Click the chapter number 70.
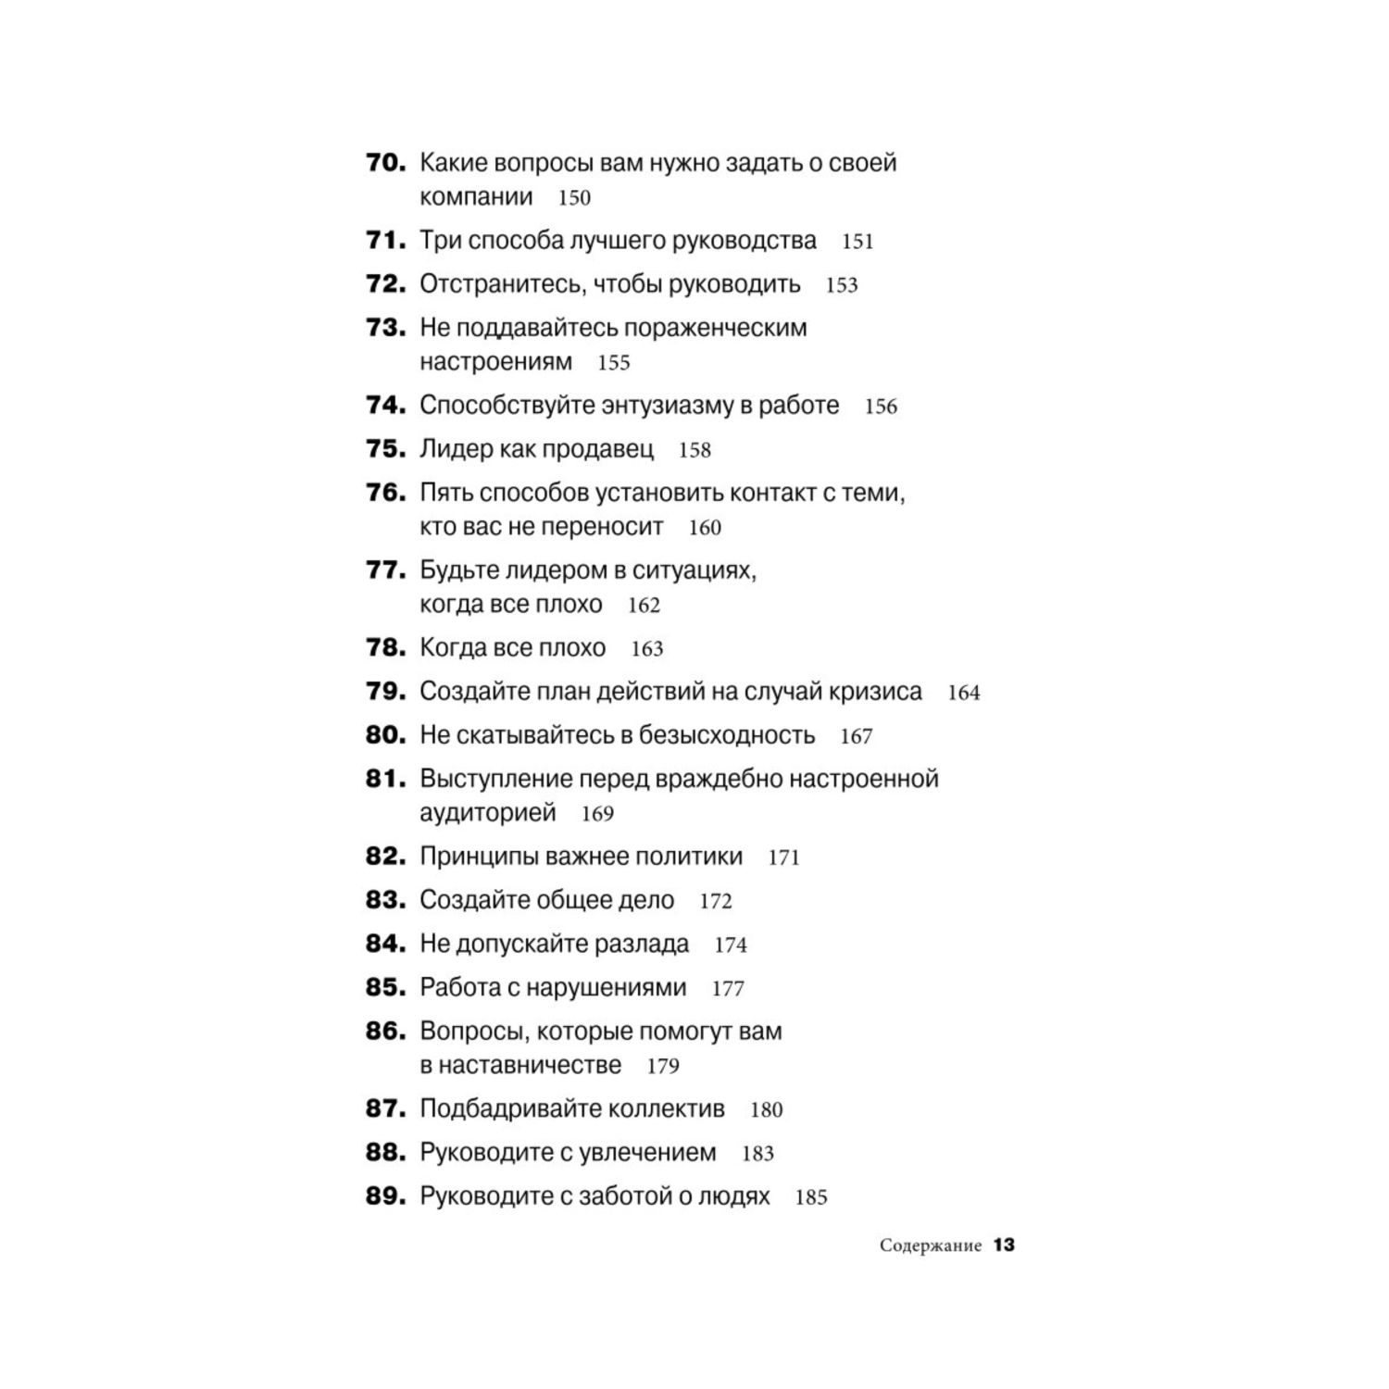(x=385, y=163)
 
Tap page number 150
(x=574, y=197)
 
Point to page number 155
(x=613, y=362)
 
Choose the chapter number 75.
(x=385, y=449)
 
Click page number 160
(x=705, y=528)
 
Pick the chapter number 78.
(x=385, y=647)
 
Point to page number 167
(x=857, y=736)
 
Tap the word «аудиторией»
(x=488, y=813)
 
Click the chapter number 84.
(x=385, y=944)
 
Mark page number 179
(x=663, y=1066)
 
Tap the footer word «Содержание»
(x=930, y=1245)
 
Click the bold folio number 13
(x=1005, y=1245)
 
